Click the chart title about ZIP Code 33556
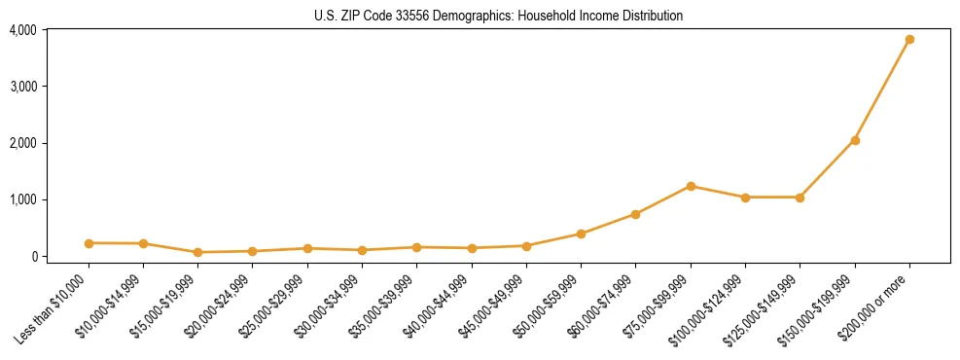tap(498, 16)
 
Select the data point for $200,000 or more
tap(909, 40)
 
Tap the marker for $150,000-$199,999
tap(855, 140)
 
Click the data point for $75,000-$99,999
tap(691, 186)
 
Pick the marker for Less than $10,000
tap(89, 243)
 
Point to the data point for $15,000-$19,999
tap(197, 252)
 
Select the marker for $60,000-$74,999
tap(635, 214)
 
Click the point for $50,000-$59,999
tap(581, 234)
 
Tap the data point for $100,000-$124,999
tap(745, 198)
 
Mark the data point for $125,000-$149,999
tap(800, 198)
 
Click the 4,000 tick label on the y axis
tap(23, 30)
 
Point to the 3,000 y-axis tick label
tap(23, 87)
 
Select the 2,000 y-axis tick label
tap(23, 143)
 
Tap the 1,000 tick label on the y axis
tap(23, 199)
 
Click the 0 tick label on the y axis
tap(33, 256)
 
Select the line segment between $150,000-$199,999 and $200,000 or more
tap(882, 90)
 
